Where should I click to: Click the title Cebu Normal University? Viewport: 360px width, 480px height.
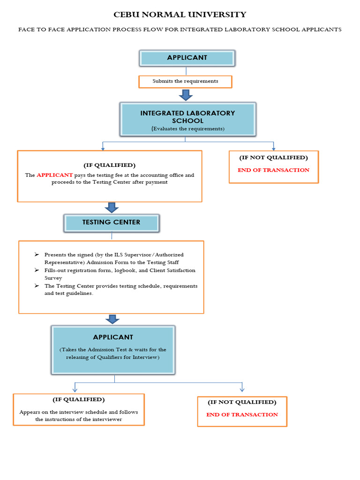coord(180,15)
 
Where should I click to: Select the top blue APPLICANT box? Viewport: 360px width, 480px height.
coord(187,58)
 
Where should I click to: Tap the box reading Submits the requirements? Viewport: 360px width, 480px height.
coord(185,81)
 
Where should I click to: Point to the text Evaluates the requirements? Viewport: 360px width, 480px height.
coord(187,128)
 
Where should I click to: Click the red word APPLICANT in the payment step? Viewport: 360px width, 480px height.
coord(55,175)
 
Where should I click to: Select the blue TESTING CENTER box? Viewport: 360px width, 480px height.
coord(111,223)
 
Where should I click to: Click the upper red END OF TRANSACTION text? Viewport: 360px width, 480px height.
coord(273,170)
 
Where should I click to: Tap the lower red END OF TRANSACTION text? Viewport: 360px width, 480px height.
coord(242,415)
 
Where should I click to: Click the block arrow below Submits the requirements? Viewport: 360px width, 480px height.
coord(186,95)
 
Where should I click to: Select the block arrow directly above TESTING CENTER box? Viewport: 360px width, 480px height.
coord(112,207)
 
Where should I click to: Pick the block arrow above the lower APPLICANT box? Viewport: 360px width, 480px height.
coord(112,319)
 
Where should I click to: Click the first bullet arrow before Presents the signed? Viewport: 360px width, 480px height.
coord(37,255)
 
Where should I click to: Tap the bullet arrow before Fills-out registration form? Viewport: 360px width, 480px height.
coord(37,270)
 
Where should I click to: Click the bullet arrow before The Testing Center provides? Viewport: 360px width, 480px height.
coord(37,286)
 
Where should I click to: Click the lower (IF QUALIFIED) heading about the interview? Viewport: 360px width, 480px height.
coord(78,400)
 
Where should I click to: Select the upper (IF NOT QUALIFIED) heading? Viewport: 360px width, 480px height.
coord(273,158)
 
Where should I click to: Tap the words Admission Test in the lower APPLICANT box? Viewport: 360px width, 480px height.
coord(105,350)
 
